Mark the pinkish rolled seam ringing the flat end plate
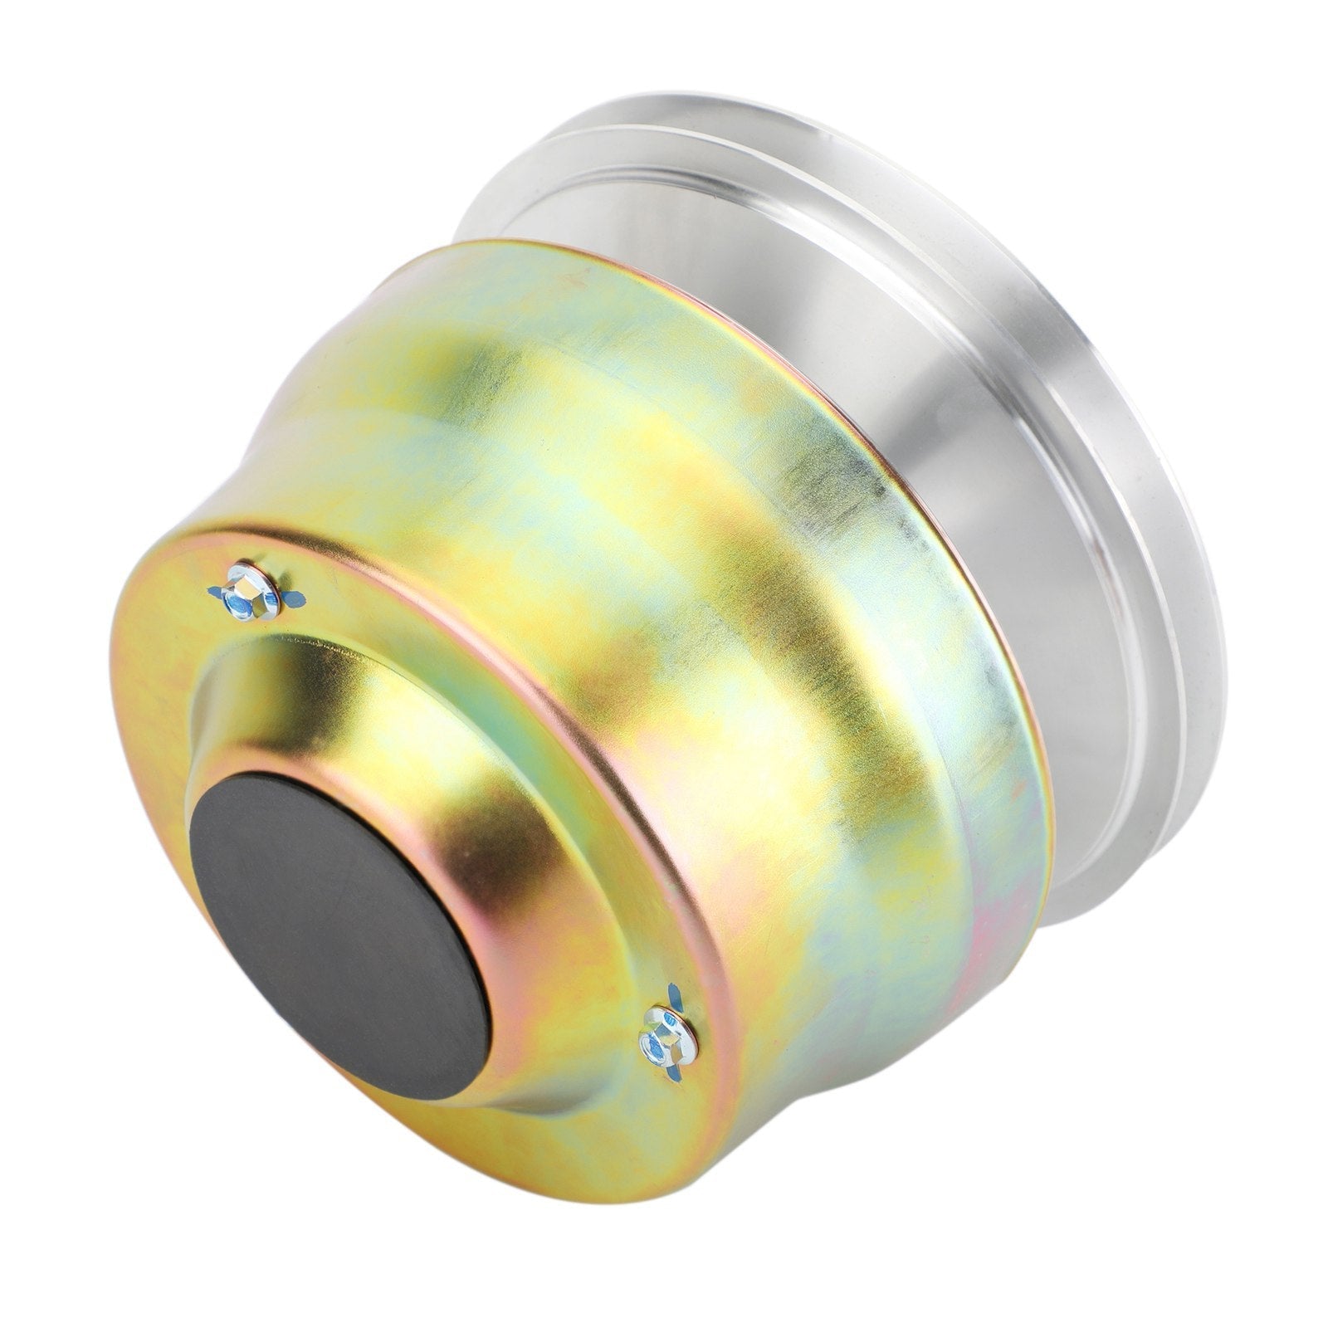click(x=581, y=689)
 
